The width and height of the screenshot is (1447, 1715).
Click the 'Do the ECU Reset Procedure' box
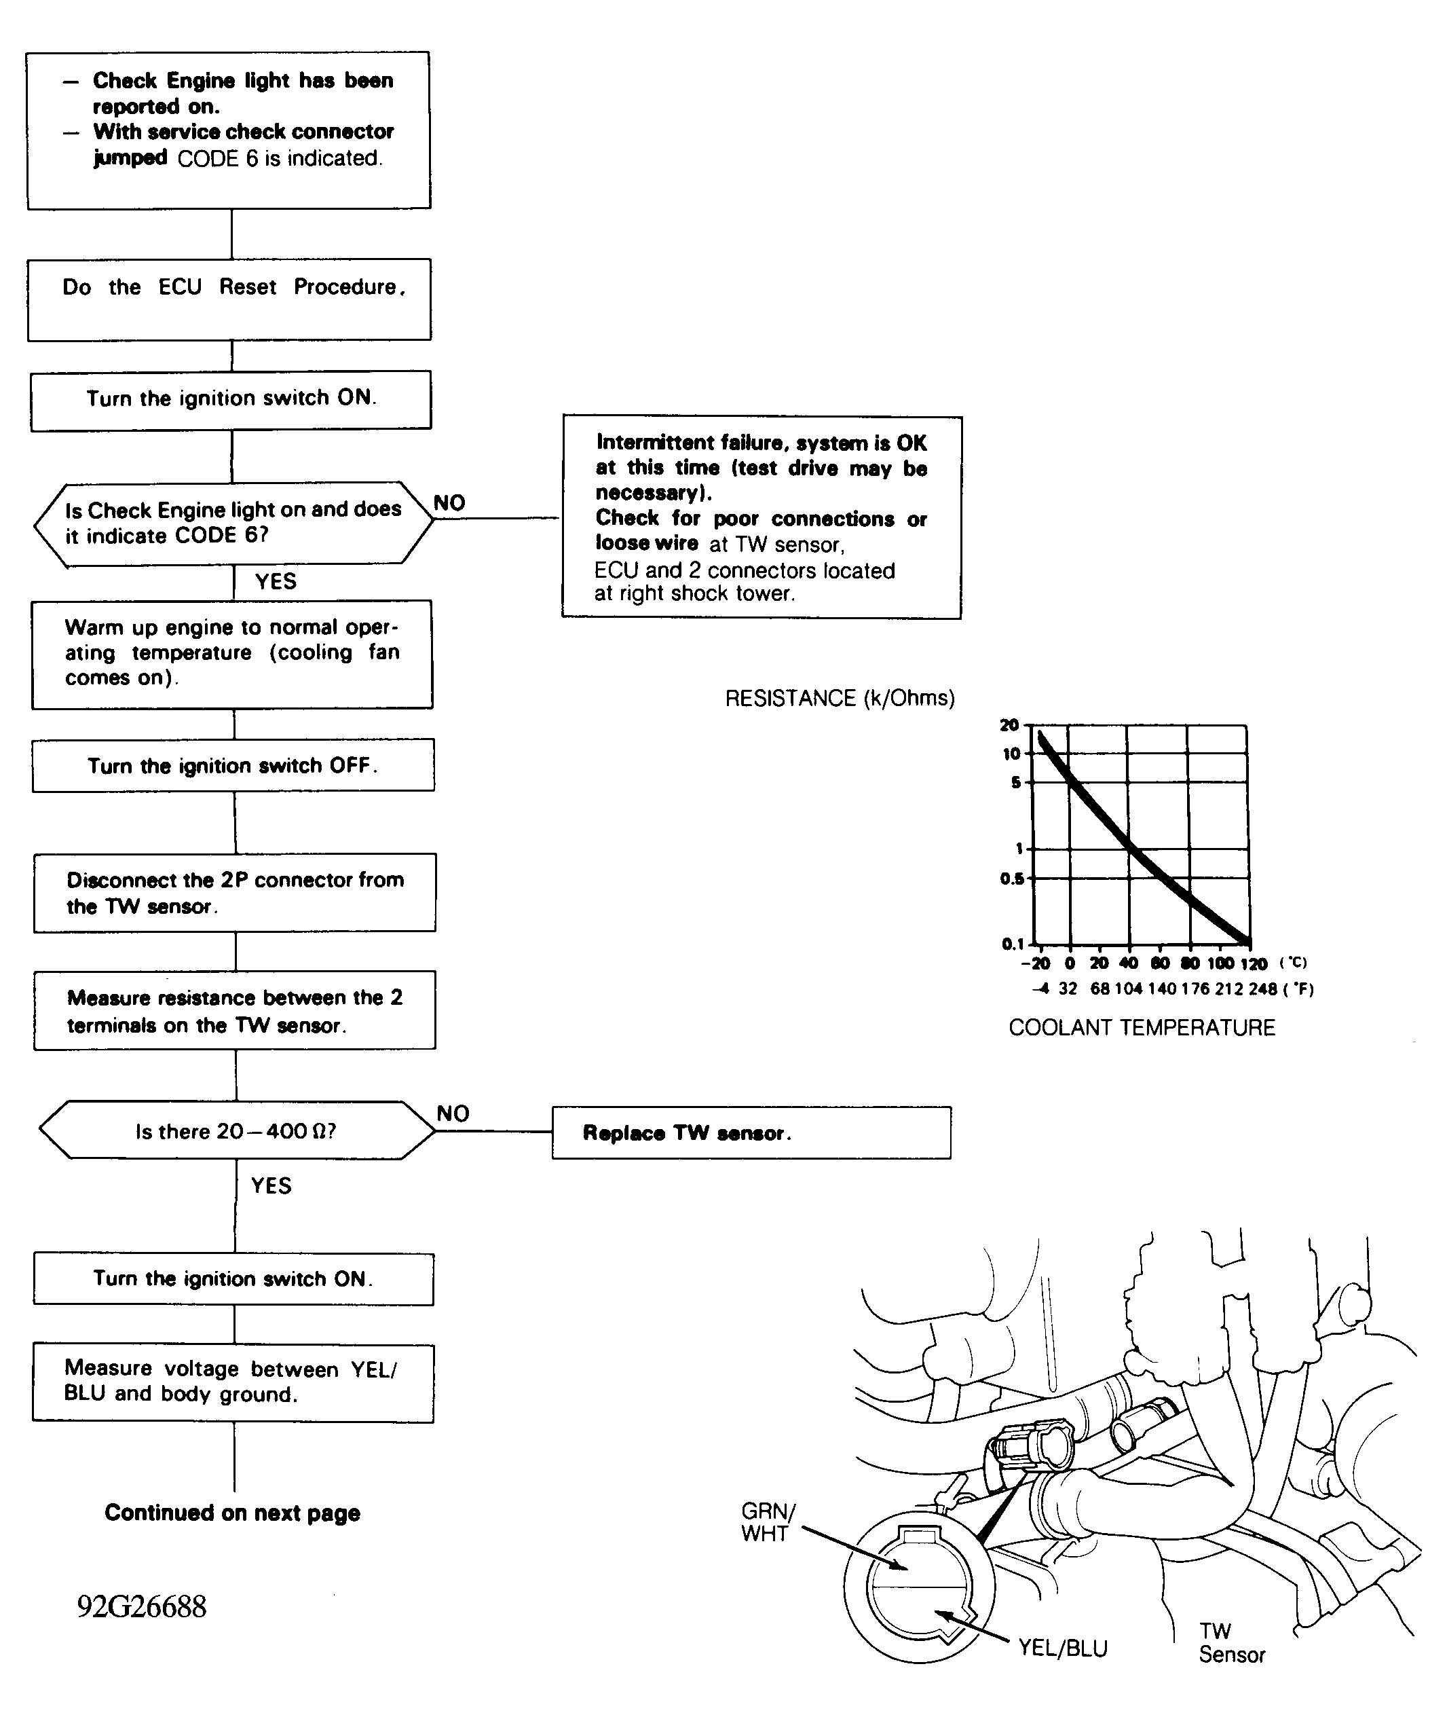coord(229,299)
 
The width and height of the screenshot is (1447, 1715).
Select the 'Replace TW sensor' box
coord(751,1132)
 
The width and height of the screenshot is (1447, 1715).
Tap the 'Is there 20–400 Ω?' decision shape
coord(236,1130)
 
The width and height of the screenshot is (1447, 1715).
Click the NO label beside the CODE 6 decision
coord(449,503)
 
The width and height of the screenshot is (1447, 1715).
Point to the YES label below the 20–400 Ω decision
coord(271,1185)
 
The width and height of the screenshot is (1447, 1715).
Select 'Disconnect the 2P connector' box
coord(235,893)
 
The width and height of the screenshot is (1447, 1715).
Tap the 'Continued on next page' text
coord(232,1512)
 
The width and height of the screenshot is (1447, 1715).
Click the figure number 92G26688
coord(142,1606)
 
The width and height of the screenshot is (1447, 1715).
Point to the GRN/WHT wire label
coord(767,1522)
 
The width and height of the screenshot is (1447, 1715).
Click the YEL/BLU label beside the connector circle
coord(1062,1648)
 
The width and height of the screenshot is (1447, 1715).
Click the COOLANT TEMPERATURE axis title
coord(1141,1027)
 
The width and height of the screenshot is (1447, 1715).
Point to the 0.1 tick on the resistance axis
coord(1013,944)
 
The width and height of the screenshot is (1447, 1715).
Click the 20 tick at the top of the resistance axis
coord(1009,724)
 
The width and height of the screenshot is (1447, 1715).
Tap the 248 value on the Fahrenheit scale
coord(1262,989)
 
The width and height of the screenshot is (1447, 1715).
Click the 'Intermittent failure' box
coord(762,517)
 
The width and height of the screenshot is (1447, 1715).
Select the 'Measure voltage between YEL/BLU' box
coord(233,1383)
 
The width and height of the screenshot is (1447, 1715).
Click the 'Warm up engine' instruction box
coord(232,654)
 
